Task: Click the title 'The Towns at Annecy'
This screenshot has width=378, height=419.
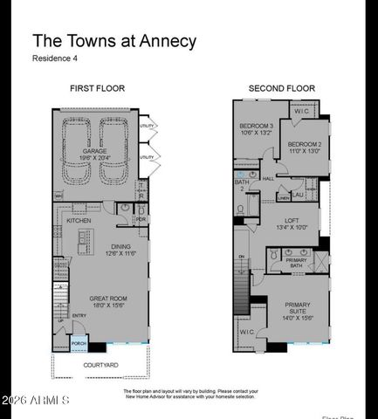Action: click(114, 41)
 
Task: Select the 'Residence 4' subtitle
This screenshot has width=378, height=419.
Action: click(58, 59)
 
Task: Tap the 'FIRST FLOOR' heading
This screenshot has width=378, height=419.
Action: click(98, 89)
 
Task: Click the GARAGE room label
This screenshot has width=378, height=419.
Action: click(95, 151)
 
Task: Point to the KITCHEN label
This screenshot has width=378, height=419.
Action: click(79, 221)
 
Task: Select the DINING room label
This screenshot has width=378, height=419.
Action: click(120, 247)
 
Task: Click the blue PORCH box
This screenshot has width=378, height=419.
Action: click(79, 343)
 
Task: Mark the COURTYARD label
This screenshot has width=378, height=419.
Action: click(101, 364)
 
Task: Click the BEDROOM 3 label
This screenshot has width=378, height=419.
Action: click(257, 127)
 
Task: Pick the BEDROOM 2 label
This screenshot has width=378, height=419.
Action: click(305, 144)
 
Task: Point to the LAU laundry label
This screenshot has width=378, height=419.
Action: click(299, 195)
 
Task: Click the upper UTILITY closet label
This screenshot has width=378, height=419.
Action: click(147, 127)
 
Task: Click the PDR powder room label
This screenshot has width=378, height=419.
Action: click(141, 219)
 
